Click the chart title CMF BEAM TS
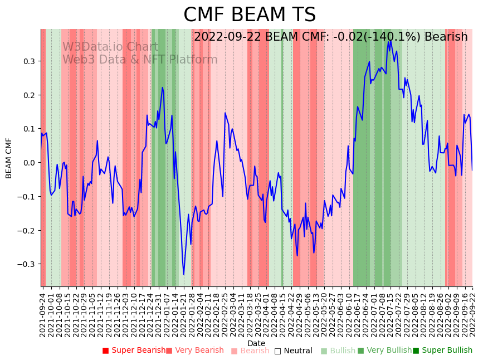coord(250,15)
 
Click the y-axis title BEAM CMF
coord(9,158)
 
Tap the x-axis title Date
coord(256,343)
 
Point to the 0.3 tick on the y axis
coord(28,61)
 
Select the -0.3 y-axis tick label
coord(27,264)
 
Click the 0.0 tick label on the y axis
coord(28,163)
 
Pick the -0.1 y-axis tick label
coord(27,197)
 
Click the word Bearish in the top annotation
coord(446,37)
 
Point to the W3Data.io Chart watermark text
coord(110,47)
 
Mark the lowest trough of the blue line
coord(184,274)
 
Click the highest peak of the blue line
coord(390,40)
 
